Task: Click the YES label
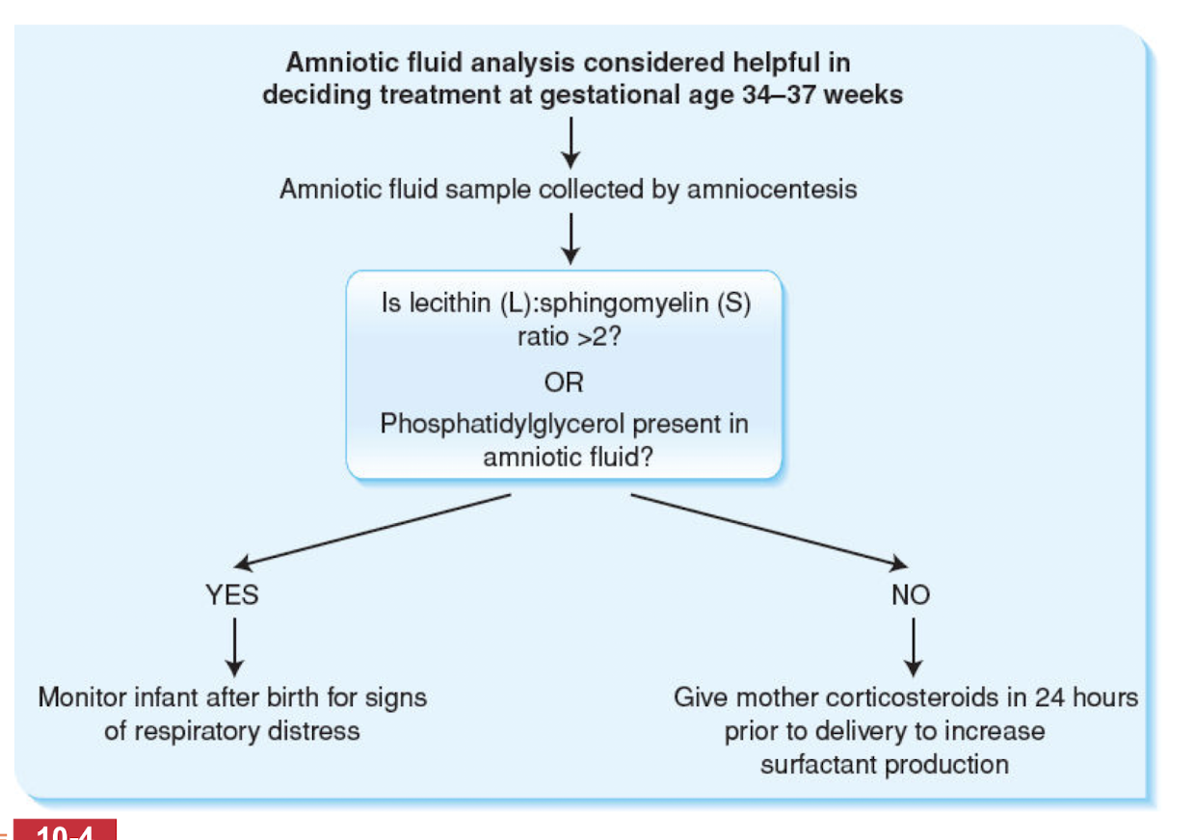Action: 232,595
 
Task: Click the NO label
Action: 911,595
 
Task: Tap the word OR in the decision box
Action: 563,382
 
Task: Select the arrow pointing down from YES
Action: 233,646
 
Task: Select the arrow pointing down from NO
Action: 913,646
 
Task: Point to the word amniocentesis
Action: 771,189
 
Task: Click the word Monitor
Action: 81,696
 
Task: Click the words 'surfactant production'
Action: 884,765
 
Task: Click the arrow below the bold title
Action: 571,141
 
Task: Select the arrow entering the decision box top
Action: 571,237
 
